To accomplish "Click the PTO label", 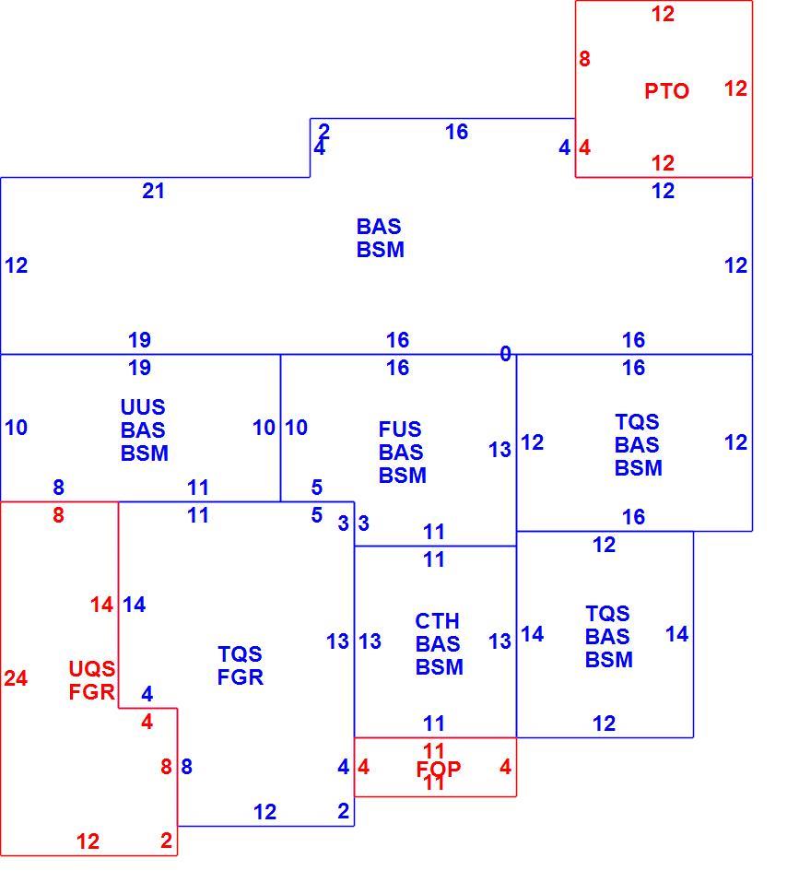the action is click(x=666, y=91).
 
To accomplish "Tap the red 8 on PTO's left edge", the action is click(x=584, y=59).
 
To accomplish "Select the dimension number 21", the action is click(x=153, y=191).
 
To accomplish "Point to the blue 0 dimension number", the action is click(x=505, y=354).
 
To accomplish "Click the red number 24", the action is click(x=16, y=678).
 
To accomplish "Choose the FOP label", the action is click(x=438, y=770).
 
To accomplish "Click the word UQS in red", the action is click(x=92, y=668).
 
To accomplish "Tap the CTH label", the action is click(x=437, y=621).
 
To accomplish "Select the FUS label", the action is click(x=400, y=429).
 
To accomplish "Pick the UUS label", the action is click(x=143, y=407).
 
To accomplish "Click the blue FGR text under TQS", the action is click(x=240, y=677).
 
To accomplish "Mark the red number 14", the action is click(x=101, y=605).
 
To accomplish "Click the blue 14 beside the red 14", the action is click(x=135, y=605).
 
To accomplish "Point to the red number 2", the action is click(x=166, y=841).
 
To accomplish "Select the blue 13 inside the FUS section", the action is click(x=499, y=450).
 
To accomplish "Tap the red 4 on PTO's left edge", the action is click(x=584, y=147).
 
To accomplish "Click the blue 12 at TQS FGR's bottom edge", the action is click(x=265, y=812).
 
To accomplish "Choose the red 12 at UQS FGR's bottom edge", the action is click(x=88, y=841).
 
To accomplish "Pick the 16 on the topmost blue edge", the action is click(x=456, y=133).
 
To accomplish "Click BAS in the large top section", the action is click(x=379, y=227).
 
